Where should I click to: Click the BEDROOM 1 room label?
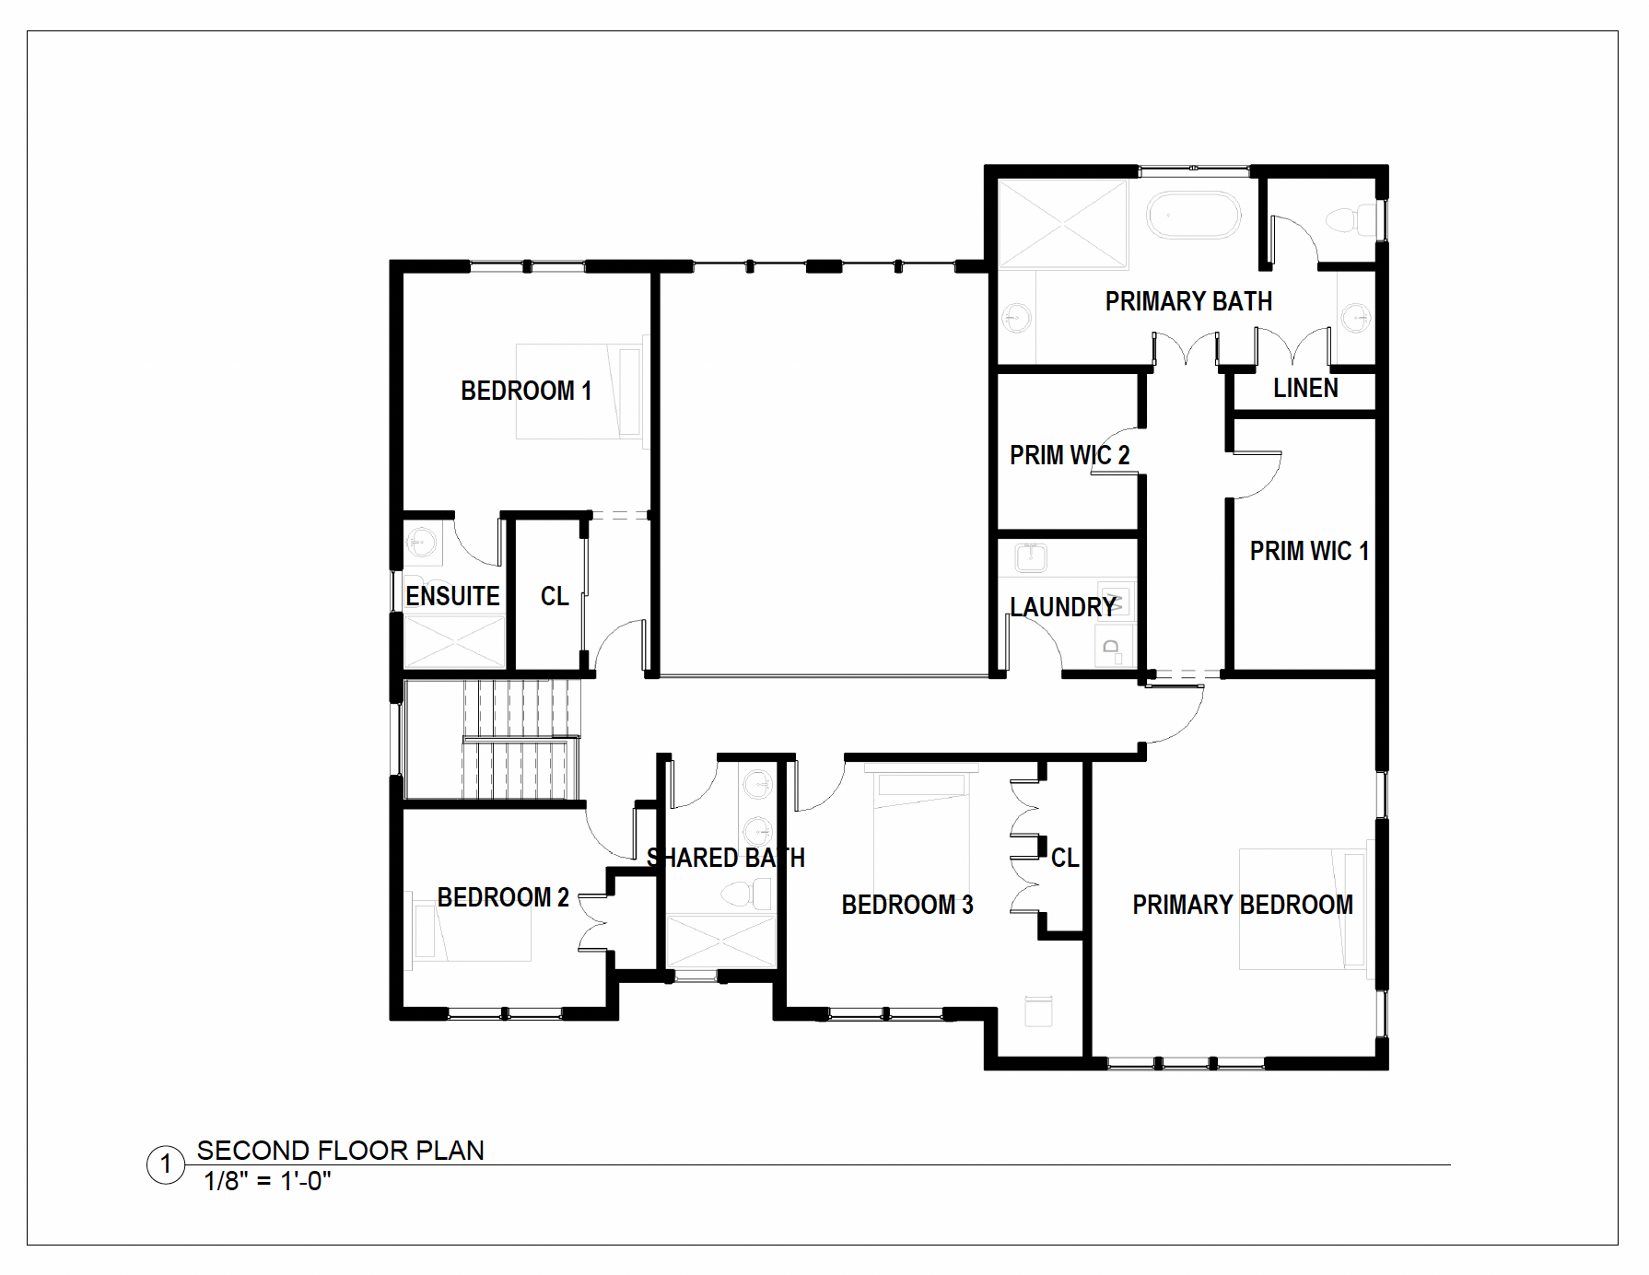(526, 391)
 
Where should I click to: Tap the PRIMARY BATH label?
(1188, 301)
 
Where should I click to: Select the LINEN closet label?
(1305, 388)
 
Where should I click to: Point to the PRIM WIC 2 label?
(1070, 455)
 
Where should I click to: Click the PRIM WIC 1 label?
(1309, 551)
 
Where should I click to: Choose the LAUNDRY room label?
(1063, 607)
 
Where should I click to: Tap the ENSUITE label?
(452, 596)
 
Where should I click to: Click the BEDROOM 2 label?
(503, 897)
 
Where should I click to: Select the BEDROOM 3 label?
(907, 905)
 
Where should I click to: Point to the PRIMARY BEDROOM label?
(1243, 905)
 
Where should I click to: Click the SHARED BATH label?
(726, 858)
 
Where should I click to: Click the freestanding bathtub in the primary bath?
(1194, 215)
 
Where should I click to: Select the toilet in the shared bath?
(747, 893)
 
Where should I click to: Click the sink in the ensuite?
(423, 541)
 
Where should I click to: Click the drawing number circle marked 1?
(166, 1165)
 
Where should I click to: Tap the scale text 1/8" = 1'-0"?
(267, 1181)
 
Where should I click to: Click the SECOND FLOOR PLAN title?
(340, 1151)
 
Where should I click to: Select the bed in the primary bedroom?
(1303, 909)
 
